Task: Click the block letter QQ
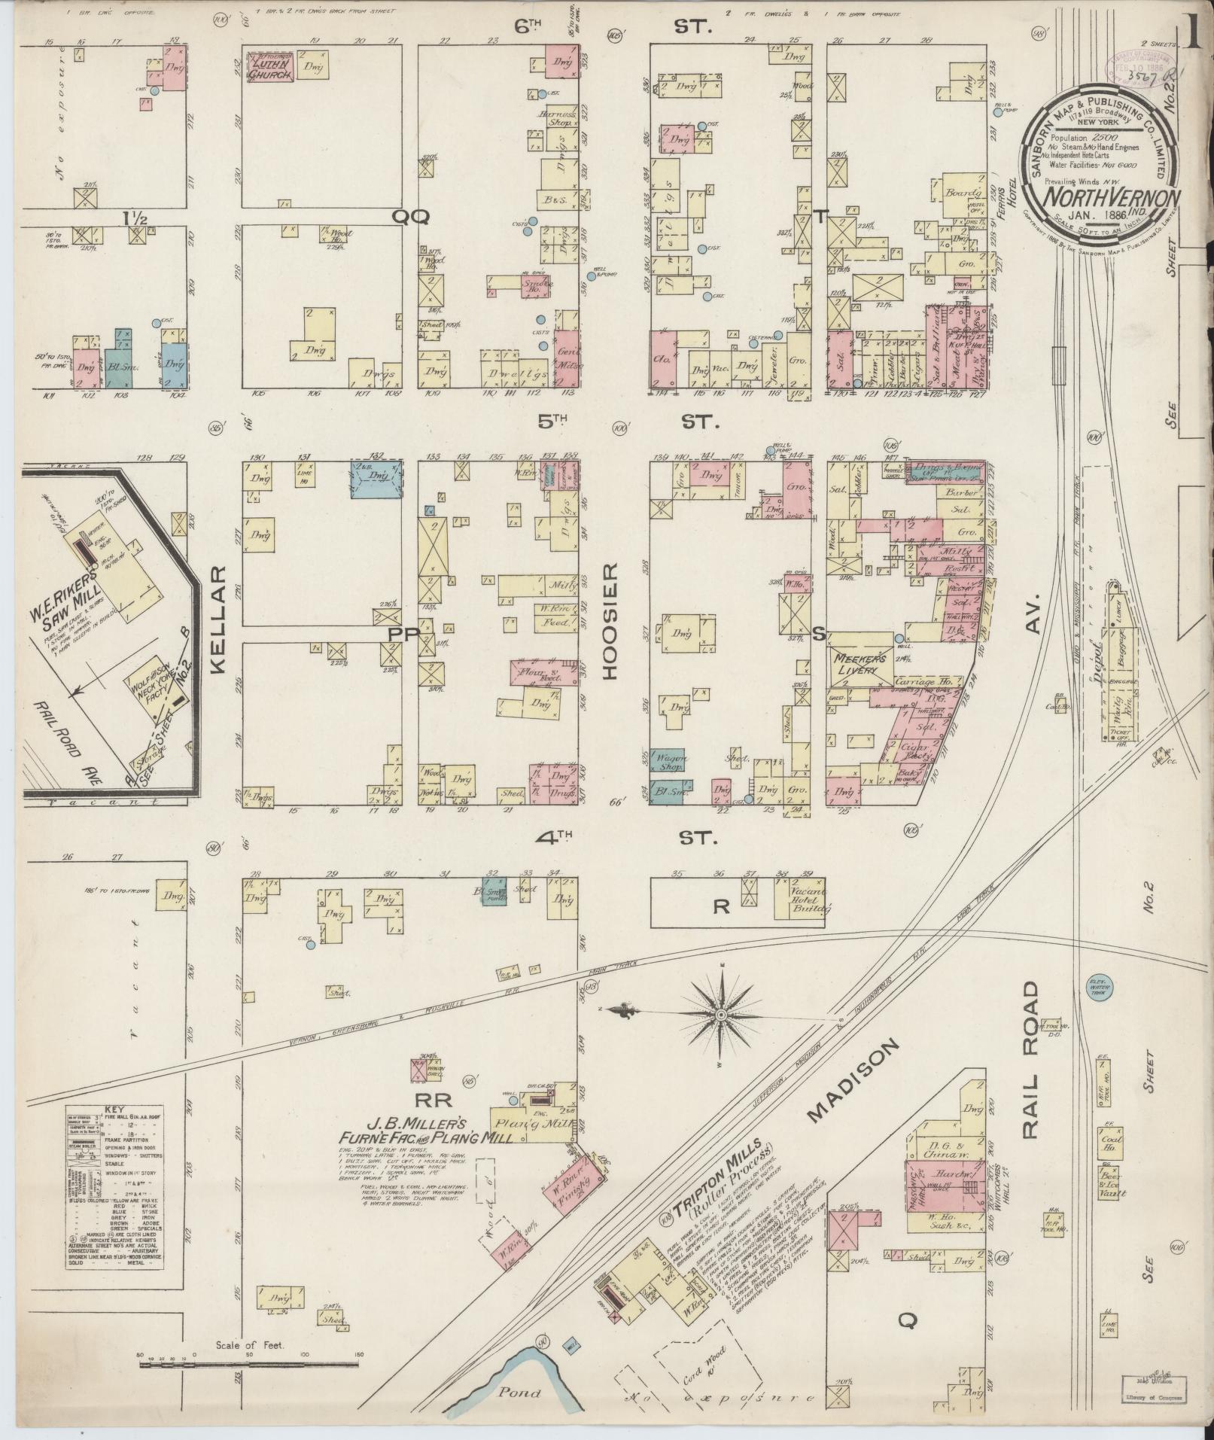click(x=409, y=218)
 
